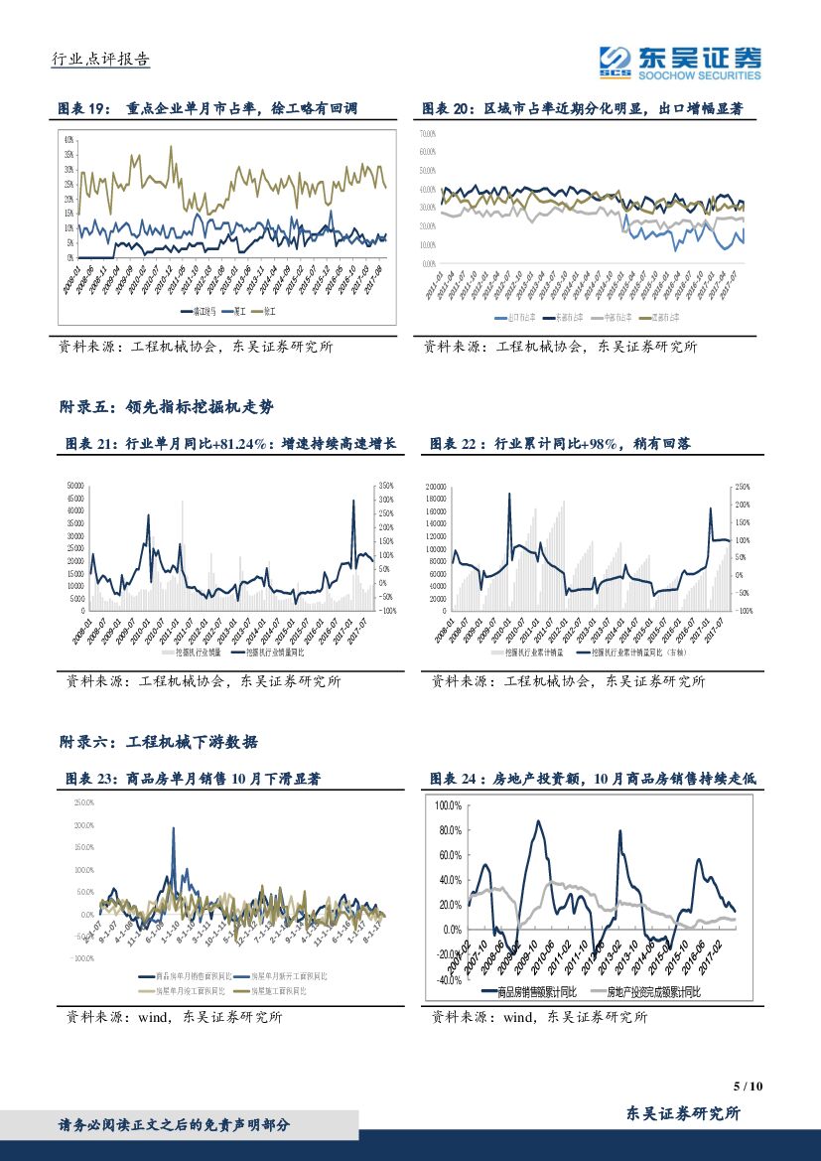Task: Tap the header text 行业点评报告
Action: [99, 59]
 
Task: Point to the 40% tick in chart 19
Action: [69, 139]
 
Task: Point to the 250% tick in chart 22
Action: [742, 487]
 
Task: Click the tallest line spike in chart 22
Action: [510, 495]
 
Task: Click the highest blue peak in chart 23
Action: [174, 829]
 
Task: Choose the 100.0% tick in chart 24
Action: [449, 805]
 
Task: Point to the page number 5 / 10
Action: [748, 1087]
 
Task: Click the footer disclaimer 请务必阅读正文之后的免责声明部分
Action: [175, 1124]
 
